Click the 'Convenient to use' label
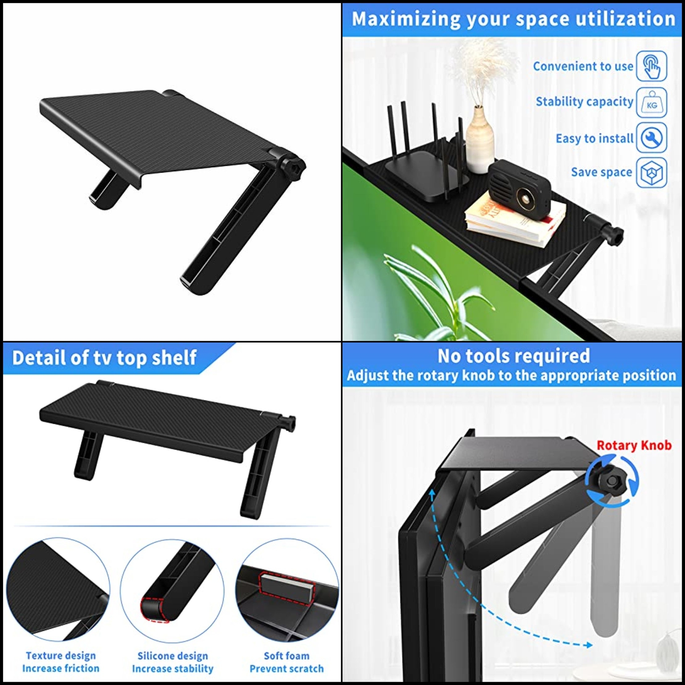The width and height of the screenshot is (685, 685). pos(583,66)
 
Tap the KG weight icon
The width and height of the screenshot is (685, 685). pos(652,103)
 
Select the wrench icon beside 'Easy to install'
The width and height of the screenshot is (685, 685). pos(652,138)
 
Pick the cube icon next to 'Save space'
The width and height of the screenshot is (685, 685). pos(652,173)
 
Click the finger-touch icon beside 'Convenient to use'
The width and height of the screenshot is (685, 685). pos(652,66)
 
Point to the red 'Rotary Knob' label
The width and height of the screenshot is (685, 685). pos(634,445)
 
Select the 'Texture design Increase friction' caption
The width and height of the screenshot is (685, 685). pos(60,662)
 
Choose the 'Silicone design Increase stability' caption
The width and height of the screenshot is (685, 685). pos(173,662)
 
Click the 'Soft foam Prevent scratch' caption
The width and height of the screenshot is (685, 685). pos(286,662)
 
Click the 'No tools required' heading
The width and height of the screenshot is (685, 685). pos(513,356)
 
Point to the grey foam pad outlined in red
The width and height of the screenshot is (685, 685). pos(286,587)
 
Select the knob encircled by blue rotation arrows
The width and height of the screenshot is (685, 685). pos(612,482)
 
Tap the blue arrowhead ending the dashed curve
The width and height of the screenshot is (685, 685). pos(589,645)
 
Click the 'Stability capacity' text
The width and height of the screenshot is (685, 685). pos(584,102)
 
